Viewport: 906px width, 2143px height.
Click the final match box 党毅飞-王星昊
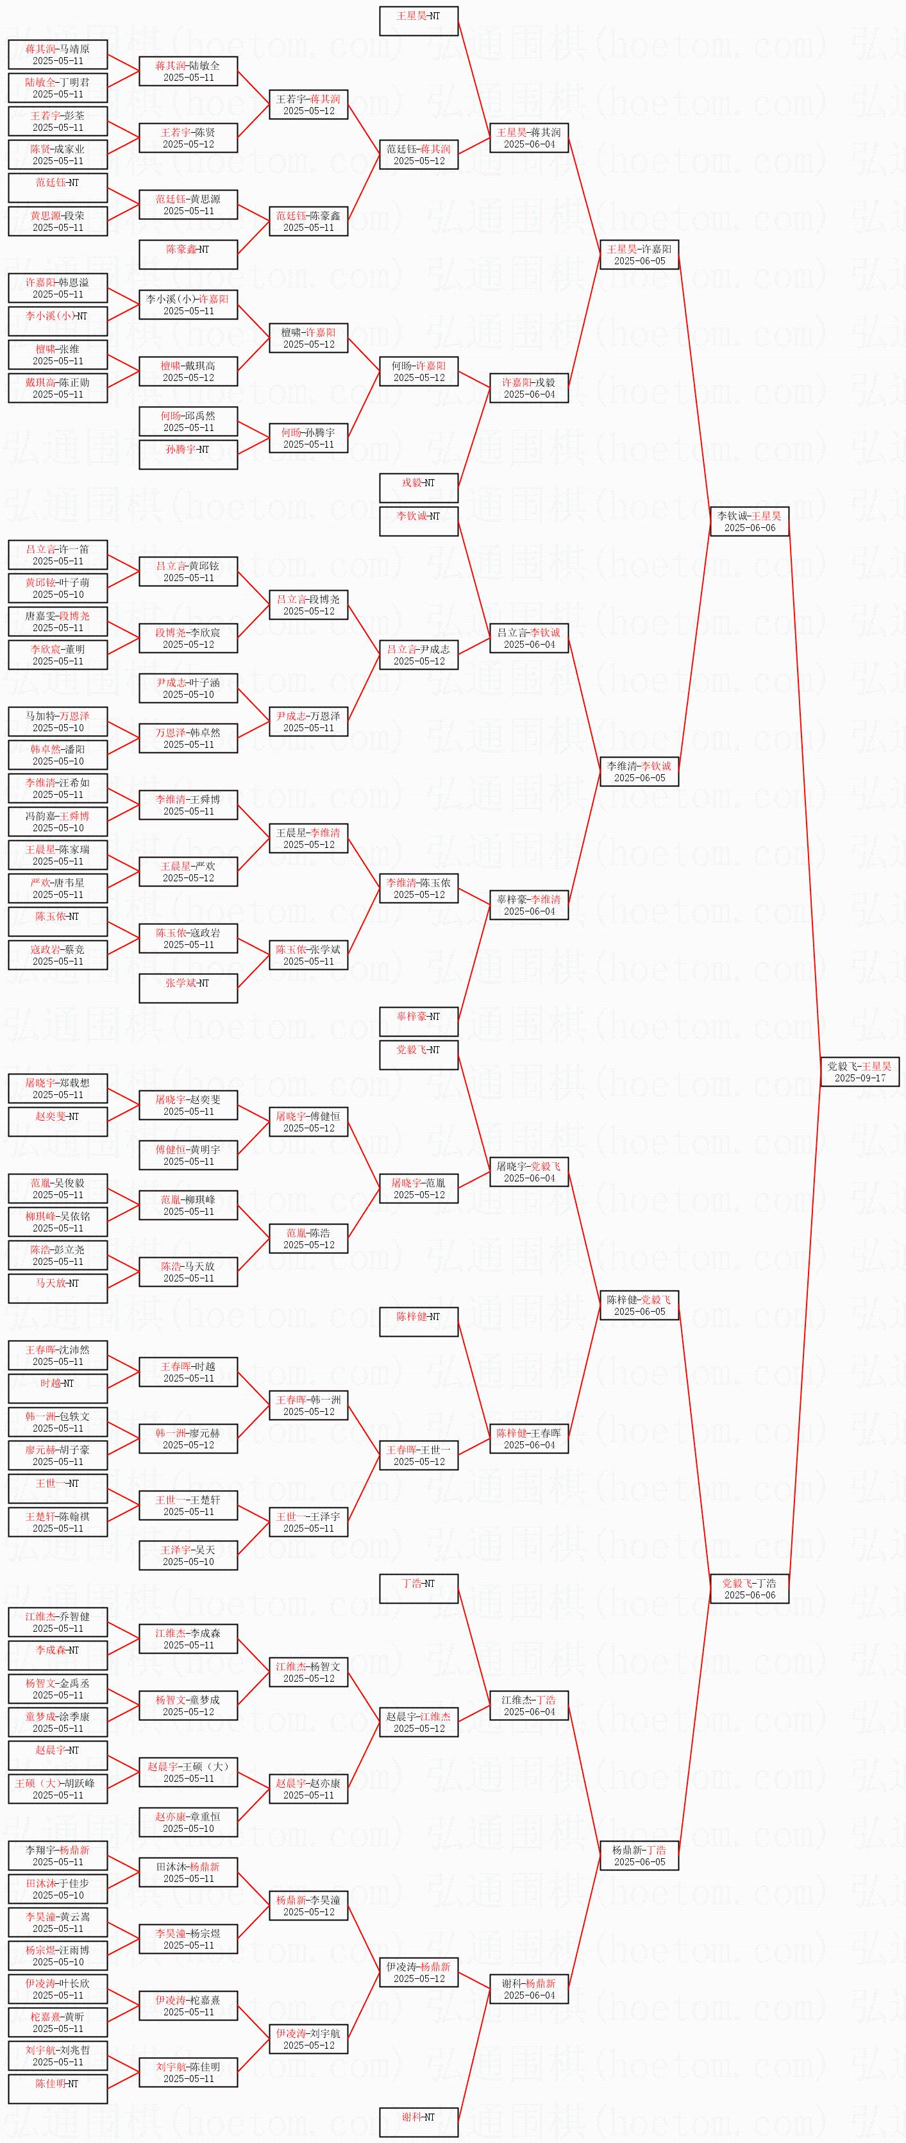coord(859,1071)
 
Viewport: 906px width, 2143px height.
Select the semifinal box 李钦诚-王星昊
coord(749,521)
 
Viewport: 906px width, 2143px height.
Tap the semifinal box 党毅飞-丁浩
coord(749,1588)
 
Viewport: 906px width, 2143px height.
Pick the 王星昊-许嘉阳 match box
coord(639,255)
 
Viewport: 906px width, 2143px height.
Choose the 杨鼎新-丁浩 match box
coord(639,1855)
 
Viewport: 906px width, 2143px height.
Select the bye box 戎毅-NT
coord(419,488)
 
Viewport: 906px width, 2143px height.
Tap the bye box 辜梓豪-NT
coord(419,1022)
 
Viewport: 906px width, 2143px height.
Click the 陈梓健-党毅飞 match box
coord(639,1305)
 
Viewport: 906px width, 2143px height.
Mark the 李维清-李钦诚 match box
coord(639,771)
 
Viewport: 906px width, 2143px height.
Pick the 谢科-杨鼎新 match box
coord(528,1988)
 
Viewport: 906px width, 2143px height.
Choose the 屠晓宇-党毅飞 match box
coord(528,1171)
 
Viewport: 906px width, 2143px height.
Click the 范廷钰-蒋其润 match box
coord(419,155)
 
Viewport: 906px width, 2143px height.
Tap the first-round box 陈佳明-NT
coord(58,2088)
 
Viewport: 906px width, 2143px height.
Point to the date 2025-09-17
coord(859,1078)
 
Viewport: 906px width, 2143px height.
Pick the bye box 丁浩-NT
coord(419,1588)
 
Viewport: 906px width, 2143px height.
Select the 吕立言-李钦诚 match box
coord(528,638)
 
